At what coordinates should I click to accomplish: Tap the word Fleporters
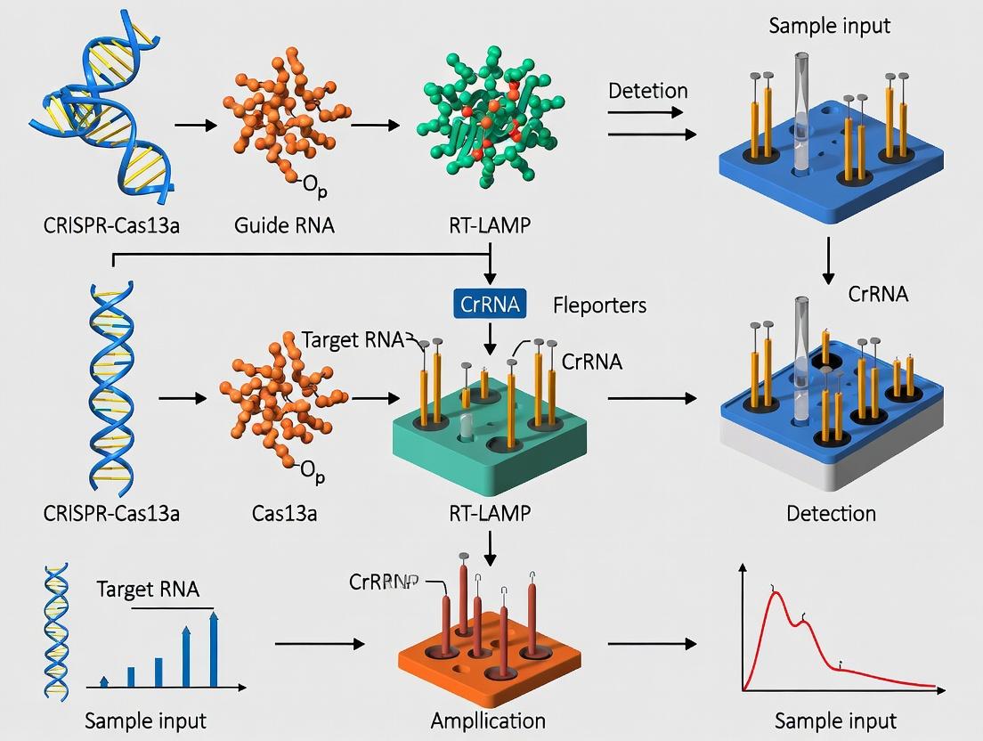pos(599,305)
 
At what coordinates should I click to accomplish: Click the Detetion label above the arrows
pos(647,91)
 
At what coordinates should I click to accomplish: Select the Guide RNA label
pos(284,224)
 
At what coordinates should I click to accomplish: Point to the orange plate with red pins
pos(488,650)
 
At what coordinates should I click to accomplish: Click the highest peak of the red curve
pos(776,594)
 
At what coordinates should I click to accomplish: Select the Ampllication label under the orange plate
pos(488,720)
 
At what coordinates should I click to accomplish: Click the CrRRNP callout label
pos(383,582)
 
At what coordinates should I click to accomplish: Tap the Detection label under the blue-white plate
pos(831,513)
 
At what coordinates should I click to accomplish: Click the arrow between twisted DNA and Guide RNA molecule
pos(195,126)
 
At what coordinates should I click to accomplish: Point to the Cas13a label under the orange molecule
pos(285,513)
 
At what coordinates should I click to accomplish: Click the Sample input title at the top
pos(829,25)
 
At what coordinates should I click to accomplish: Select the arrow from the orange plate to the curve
pos(651,644)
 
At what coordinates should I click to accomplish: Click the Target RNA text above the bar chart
pos(148,589)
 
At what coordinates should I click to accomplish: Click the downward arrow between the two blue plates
pos(829,259)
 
